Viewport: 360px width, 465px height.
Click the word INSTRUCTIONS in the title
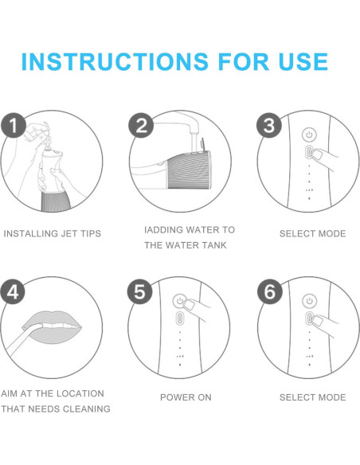click(115, 61)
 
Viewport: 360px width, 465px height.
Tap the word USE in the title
click(303, 61)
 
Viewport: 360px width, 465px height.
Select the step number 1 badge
click(14, 125)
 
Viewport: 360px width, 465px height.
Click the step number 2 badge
click(141, 125)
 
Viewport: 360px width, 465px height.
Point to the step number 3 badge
click(269, 125)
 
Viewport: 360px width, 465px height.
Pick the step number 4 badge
click(13, 291)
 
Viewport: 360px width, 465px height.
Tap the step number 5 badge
click(139, 291)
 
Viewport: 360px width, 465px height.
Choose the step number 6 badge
click(269, 291)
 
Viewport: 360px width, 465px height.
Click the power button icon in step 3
click(309, 135)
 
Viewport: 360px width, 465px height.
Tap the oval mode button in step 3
click(309, 153)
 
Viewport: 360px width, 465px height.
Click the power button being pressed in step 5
click(180, 301)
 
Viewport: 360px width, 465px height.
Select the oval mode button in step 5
click(180, 319)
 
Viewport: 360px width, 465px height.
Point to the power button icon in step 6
click(309, 301)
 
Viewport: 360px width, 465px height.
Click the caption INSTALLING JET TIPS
click(53, 233)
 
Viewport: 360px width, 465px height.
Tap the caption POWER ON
click(186, 397)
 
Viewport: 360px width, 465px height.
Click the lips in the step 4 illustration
click(53, 326)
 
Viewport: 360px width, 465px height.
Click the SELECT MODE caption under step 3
click(313, 233)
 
